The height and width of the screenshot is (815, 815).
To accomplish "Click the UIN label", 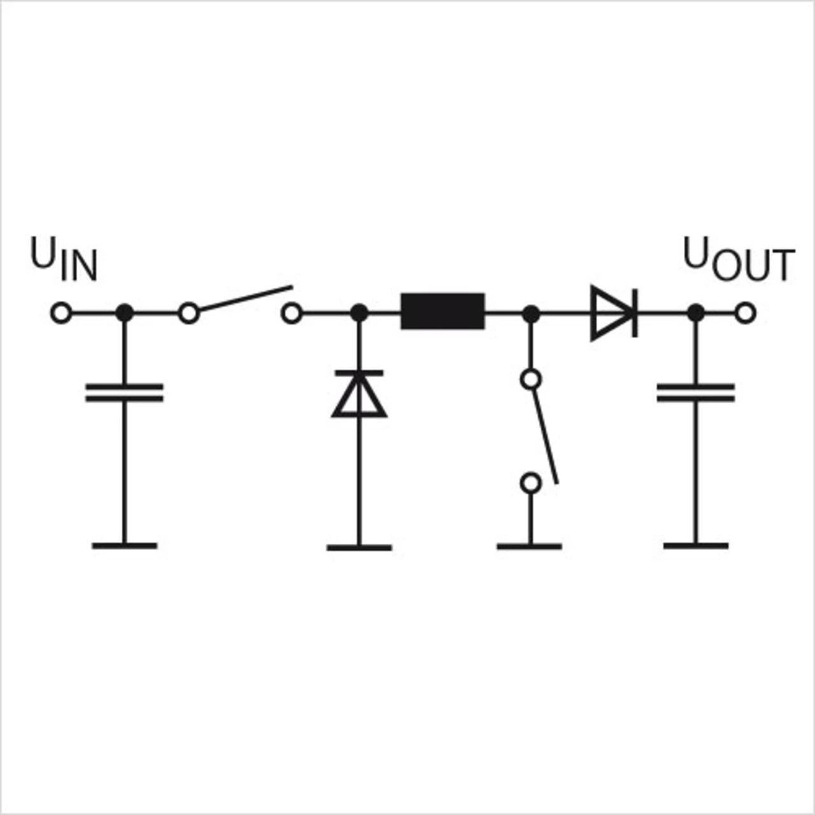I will [x=64, y=260].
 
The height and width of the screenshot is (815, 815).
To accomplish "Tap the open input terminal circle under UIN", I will [x=61, y=313].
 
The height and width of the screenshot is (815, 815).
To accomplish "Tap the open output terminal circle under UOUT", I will [x=745, y=313].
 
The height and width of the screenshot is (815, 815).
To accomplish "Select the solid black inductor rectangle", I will [x=443, y=311].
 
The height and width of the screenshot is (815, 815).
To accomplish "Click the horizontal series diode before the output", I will [x=613, y=313].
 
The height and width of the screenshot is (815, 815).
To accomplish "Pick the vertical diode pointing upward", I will [x=359, y=393].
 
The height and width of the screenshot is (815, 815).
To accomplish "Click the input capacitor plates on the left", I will [x=124, y=393].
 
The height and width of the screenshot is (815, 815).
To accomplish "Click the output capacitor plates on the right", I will [x=696, y=393].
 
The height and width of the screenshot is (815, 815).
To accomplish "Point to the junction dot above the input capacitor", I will [x=125, y=313].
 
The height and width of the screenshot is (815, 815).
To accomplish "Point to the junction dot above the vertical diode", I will [x=359, y=313].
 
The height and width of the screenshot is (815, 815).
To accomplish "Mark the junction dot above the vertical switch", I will [x=530, y=313].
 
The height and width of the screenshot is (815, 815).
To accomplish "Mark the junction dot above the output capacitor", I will [x=696, y=313].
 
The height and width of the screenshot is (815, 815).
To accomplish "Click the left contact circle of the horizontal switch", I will [x=188, y=313].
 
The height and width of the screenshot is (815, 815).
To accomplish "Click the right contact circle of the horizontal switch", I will [x=292, y=313].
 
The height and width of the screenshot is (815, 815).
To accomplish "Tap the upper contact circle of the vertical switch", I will [x=530, y=379].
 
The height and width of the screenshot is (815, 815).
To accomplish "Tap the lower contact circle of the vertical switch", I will [x=530, y=483].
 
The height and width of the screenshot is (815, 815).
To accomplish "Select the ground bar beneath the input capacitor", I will [x=124, y=546].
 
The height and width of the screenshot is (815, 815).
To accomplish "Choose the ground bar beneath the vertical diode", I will [x=359, y=547].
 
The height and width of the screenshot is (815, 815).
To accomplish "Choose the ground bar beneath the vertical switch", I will [x=529, y=546].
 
